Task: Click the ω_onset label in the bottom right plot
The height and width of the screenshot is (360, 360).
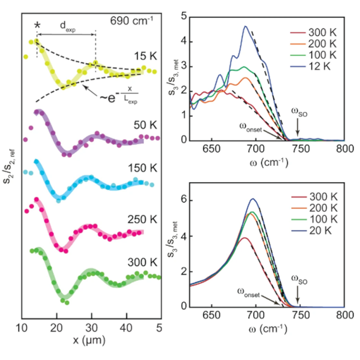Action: click(251, 290)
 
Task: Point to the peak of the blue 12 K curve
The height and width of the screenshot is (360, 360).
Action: click(246, 27)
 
